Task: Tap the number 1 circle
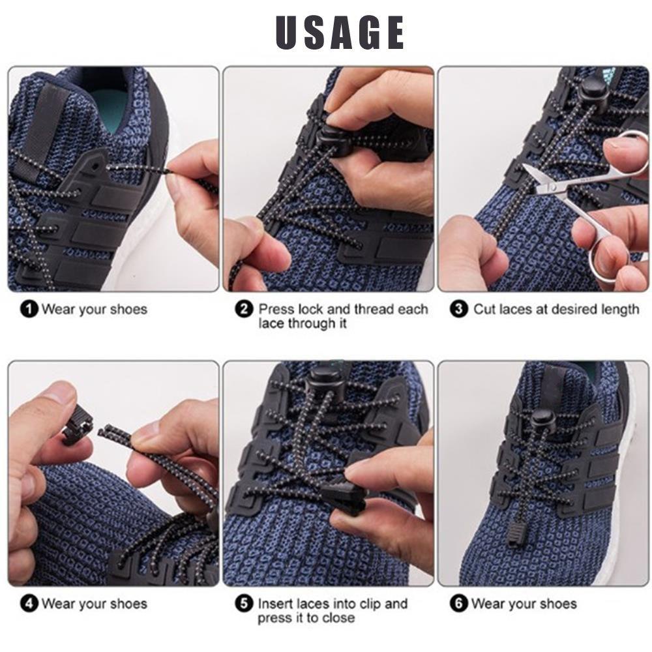pyautogui.click(x=30, y=309)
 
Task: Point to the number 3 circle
pyautogui.click(x=460, y=309)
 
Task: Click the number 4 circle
pyautogui.click(x=30, y=604)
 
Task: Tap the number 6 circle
pyautogui.click(x=460, y=604)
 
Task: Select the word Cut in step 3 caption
pyautogui.click(x=484, y=309)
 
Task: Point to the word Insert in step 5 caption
pyautogui.click(x=276, y=604)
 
